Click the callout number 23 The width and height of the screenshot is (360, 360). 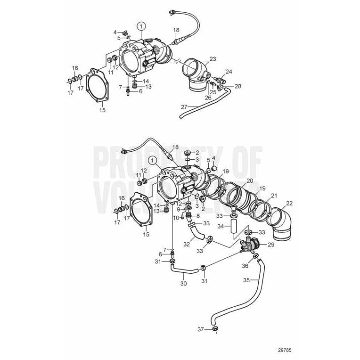[x=213, y=59]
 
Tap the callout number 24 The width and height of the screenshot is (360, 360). [x=229, y=72]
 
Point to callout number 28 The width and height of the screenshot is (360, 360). [x=237, y=86]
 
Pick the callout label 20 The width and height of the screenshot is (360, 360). [x=249, y=180]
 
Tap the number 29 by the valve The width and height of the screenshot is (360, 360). [x=271, y=245]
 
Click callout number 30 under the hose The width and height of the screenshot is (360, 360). [x=183, y=284]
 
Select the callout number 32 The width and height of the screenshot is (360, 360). [x=187, y=245]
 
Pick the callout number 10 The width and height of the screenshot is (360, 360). [x=177, y=218]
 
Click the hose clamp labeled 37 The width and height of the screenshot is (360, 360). [x=215, y=329]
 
